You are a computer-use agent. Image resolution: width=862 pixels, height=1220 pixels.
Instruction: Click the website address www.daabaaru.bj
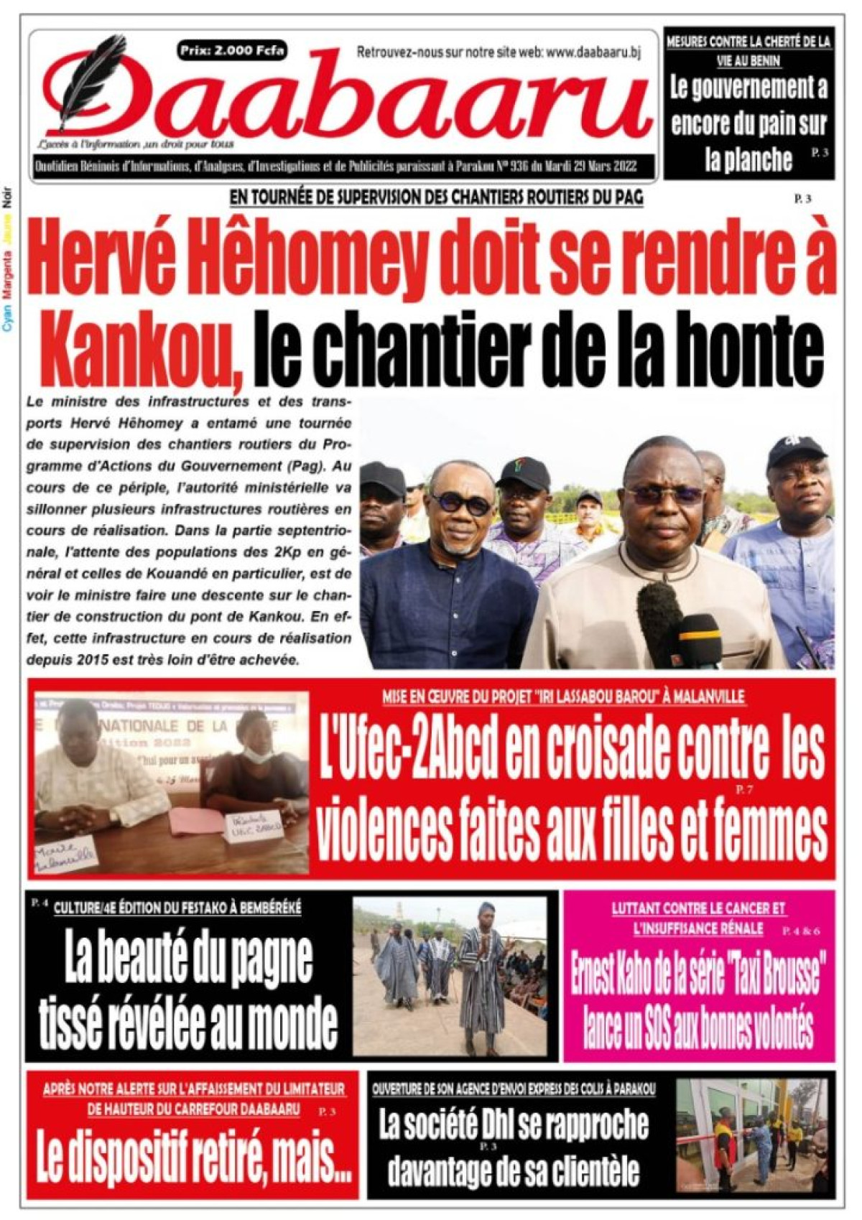[x=593, y=52]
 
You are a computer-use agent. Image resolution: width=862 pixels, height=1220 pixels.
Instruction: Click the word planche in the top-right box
[x=748, y=159]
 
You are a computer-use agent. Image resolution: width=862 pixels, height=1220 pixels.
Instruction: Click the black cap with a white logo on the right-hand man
[x=797, y=451]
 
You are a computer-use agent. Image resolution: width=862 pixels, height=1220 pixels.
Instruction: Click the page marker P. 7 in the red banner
[x=743, y=790]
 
